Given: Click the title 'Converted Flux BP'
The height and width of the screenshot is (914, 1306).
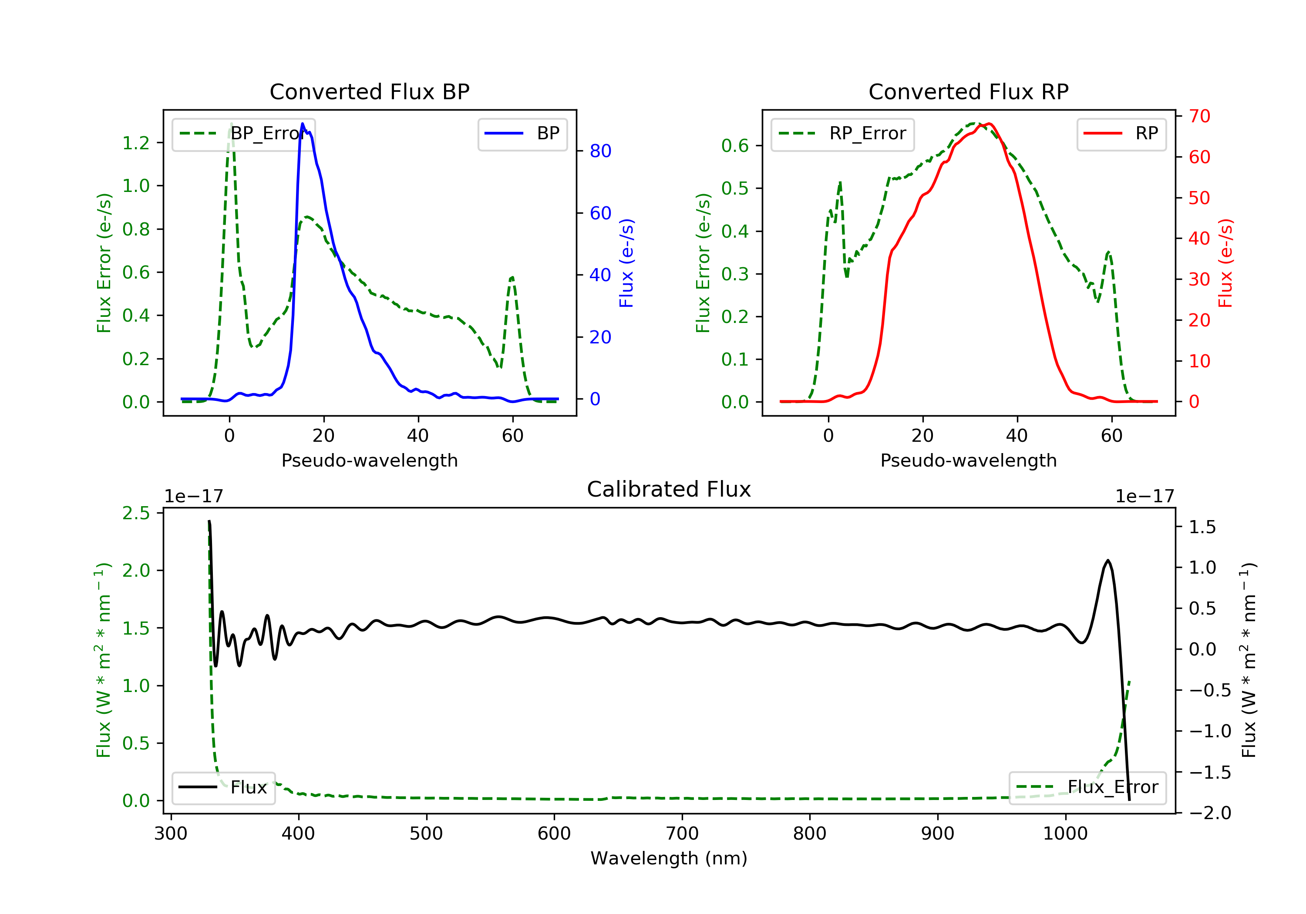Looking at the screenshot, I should pos(369,91).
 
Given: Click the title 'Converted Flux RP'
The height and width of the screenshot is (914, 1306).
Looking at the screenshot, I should pos(968,91).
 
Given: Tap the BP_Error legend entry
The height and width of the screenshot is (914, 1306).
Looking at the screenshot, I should pos(243,134).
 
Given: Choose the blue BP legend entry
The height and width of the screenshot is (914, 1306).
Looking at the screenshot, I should pos(522,134).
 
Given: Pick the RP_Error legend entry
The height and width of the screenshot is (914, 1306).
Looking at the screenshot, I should pos(842,134).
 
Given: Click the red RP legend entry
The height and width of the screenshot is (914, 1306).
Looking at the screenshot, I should pos(1121,134).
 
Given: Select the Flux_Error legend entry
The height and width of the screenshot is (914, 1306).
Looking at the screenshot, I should pos(1087,787).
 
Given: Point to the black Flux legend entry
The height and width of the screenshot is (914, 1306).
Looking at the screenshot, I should pos(223,787).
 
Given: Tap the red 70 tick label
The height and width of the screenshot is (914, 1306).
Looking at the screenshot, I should pos(1199,117).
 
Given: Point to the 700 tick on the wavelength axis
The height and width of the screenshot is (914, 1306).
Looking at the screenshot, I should pos(682,834).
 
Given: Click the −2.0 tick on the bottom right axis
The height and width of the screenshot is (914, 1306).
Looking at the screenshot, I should pos(1210,813).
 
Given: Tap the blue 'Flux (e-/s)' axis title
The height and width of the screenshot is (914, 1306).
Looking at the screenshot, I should pos(626,263).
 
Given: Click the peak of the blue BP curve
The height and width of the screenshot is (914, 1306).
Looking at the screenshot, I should pos(302,124).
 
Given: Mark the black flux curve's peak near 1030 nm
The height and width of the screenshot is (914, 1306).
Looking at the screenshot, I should pos(1107,560).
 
